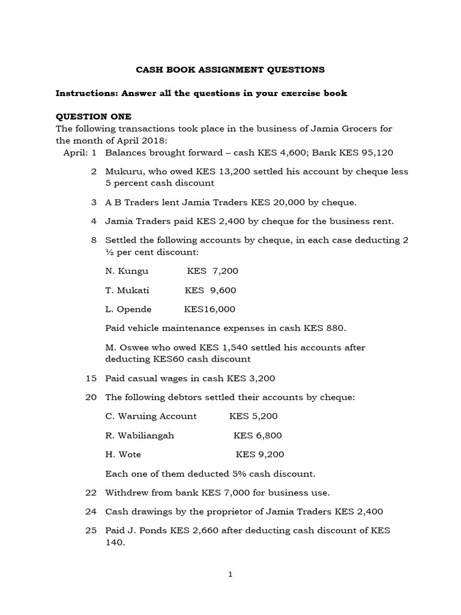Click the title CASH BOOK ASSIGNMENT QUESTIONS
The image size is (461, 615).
[230, 70]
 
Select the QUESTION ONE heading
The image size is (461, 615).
[93, 117]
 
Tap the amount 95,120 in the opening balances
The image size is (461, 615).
[379, 153]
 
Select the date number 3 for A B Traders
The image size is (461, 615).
[94, 202]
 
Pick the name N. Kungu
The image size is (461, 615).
[127, 271]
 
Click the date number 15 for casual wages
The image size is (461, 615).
[91, 378]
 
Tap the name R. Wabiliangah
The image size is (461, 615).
[139, 435]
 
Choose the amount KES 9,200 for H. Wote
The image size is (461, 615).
[260, 455]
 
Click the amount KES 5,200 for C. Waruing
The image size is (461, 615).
[253, 416]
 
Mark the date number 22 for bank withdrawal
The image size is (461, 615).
[91, 492]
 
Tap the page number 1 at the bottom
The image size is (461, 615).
[230, 575]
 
